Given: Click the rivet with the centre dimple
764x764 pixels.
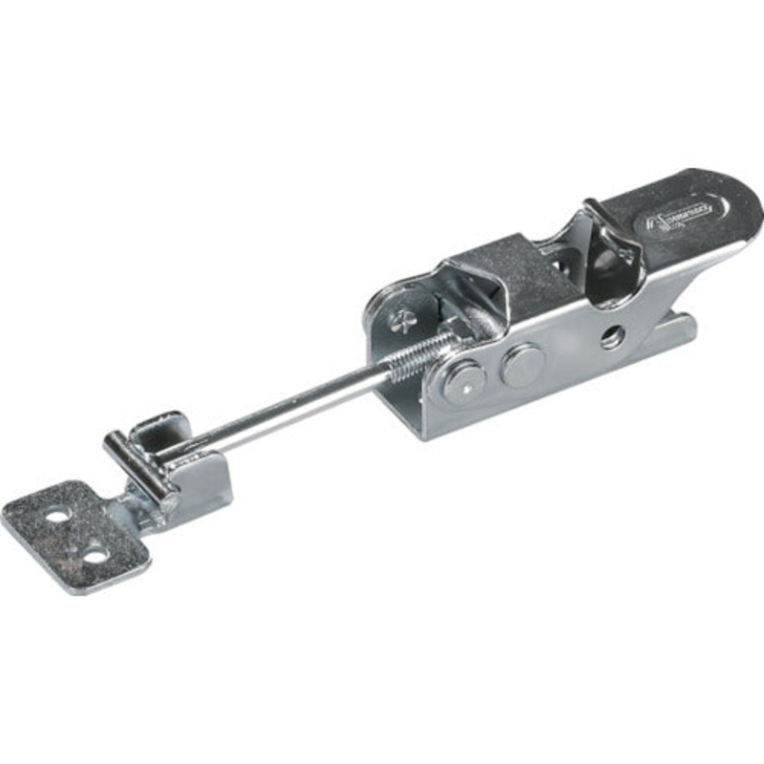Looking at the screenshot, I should pos(463,384).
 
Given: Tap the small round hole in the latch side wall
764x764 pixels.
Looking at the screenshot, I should pos(610,337).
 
